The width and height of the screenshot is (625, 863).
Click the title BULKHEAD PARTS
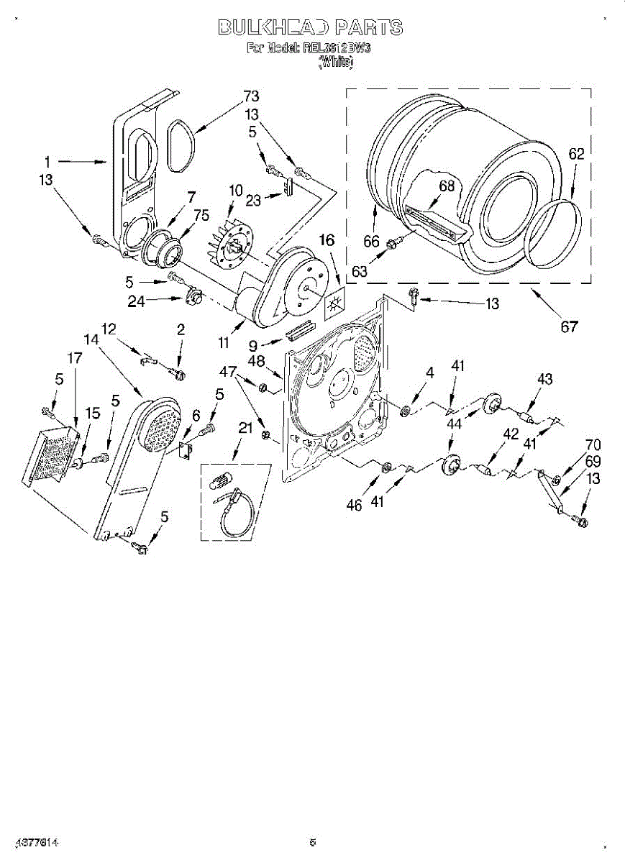coord(310,28)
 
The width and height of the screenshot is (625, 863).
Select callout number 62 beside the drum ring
coord(576,153)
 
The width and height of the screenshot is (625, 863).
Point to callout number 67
coord(569,327)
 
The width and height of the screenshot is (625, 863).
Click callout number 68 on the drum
coord(447,186)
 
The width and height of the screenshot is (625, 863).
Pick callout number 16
coord(327,240)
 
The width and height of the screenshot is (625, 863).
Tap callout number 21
coord(245,429)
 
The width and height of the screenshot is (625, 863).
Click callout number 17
coord(75,357)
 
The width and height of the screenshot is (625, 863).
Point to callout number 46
coord(353,505)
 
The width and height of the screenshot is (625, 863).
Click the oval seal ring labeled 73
coord(181,147)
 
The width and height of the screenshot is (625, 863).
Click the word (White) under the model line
coord(336,62)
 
